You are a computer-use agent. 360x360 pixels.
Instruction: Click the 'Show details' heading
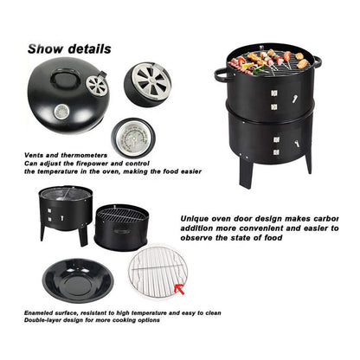(x=68, y=49)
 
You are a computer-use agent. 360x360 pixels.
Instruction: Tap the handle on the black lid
(x=66, y=79)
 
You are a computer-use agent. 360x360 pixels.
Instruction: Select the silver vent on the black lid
(x=97, y=85)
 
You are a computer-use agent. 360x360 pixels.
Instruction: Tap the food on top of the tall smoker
(x=269, y=61)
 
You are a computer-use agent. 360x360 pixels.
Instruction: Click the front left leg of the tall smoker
(x=246, y=171)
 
